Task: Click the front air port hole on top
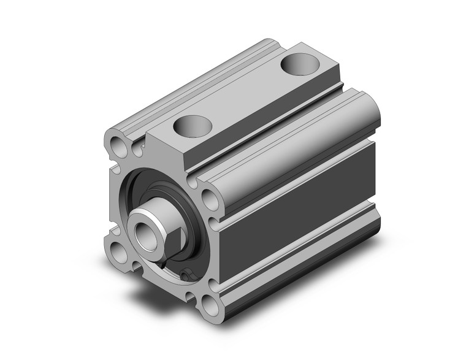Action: [192, 126]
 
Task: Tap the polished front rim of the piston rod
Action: [139, 221]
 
